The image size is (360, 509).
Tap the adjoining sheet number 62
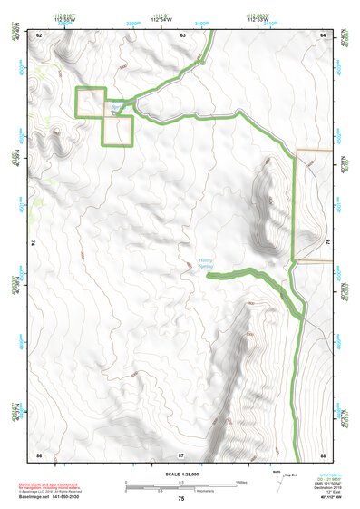coord(39,34)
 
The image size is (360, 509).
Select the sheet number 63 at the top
coord(182,34)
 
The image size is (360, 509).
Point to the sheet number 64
coord(324,34)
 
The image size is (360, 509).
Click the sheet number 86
coord(39,453)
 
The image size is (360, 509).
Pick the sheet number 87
coord(181,453)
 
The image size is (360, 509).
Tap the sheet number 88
coord(323,453)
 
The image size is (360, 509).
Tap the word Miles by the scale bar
coord(242,482)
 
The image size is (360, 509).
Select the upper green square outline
coord(91,102)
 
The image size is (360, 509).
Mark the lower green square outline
coord(118,131)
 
